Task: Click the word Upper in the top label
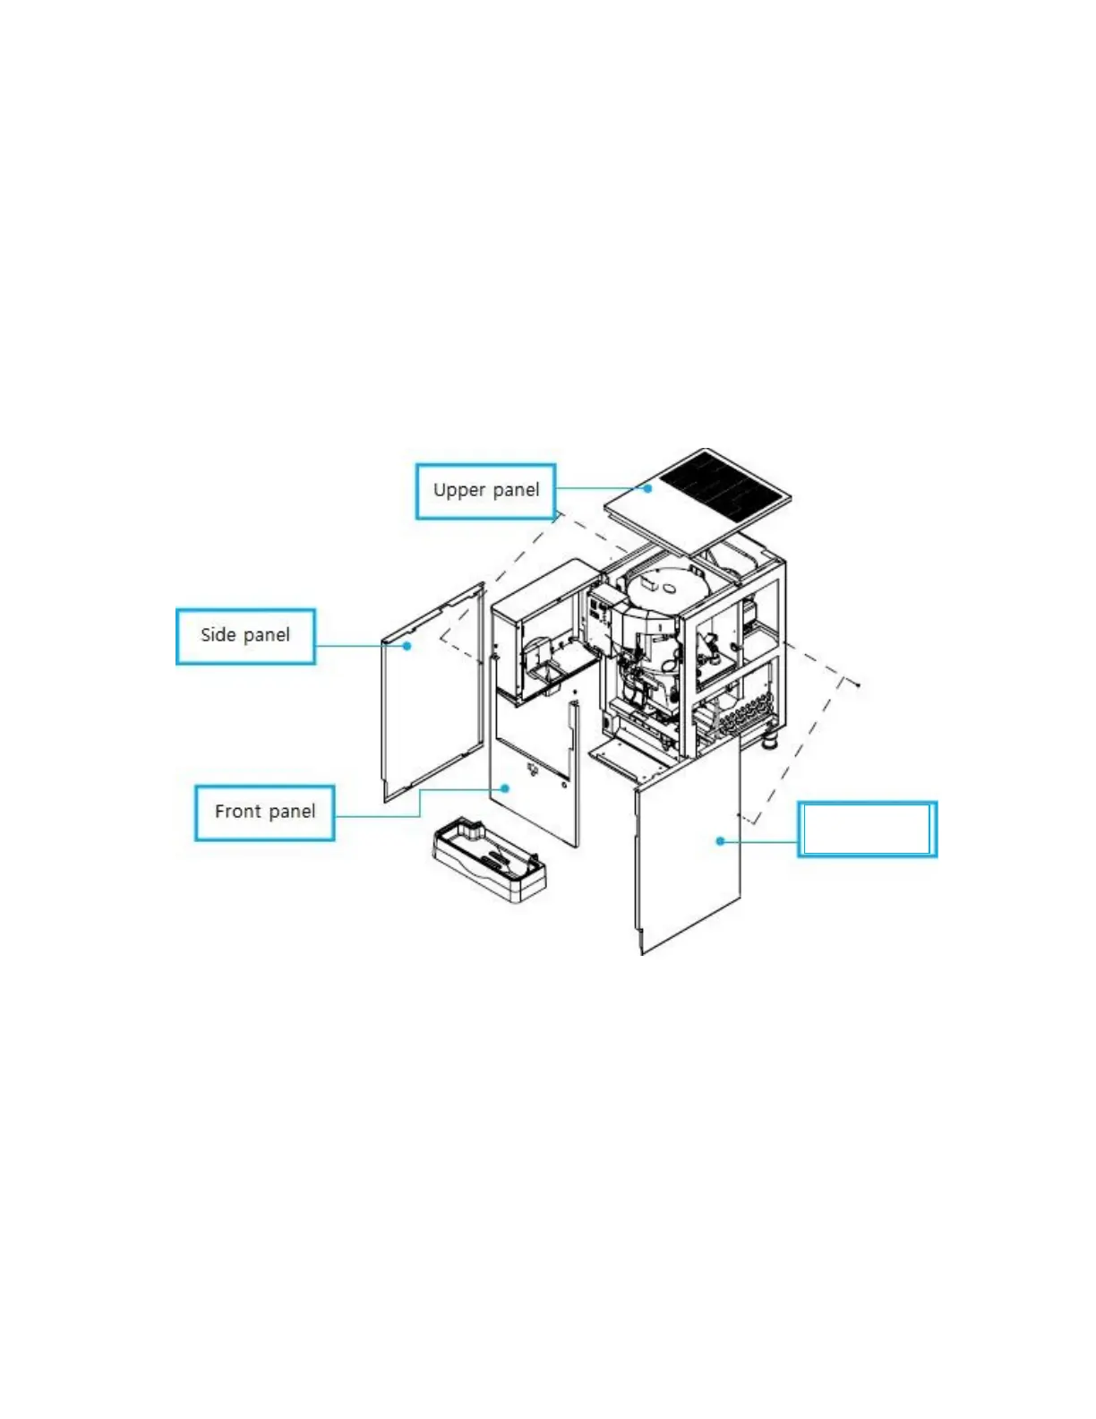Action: pos(458,490)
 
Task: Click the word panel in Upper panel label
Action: pos(517,490)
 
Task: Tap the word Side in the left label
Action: pos(218,635)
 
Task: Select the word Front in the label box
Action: pos(237,812)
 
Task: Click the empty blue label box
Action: pos(867,829)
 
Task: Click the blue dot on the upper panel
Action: pos(647,488)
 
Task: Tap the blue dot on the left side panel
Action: pos(407,645)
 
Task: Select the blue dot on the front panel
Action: pos(506,788)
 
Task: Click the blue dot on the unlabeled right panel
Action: pos(720,841)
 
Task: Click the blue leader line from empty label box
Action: pos(759,842)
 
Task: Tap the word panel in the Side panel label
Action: pos(267,635)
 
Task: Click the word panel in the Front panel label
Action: pos(292,812)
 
